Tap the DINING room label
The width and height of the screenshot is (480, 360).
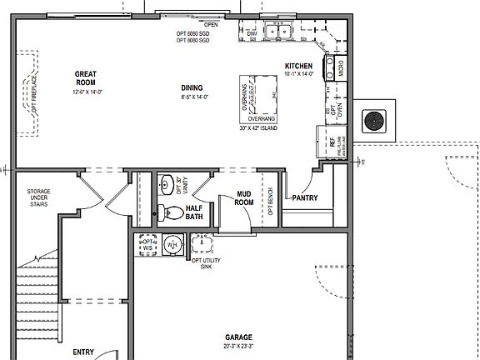192,87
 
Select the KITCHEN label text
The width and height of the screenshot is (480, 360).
298,66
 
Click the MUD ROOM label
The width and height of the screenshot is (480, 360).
243,197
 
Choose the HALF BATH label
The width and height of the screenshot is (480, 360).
194,212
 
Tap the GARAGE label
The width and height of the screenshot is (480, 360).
238,337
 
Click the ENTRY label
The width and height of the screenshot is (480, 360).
82,352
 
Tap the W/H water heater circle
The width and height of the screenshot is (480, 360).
172,245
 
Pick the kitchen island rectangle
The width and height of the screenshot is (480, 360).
262,94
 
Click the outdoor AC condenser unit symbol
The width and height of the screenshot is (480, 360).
372,121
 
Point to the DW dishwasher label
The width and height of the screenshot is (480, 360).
252,33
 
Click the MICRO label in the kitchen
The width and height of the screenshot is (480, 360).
340,68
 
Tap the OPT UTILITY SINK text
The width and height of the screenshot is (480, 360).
207,264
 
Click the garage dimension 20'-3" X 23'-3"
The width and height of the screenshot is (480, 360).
238,346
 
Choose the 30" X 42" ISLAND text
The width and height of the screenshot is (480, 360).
257,129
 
